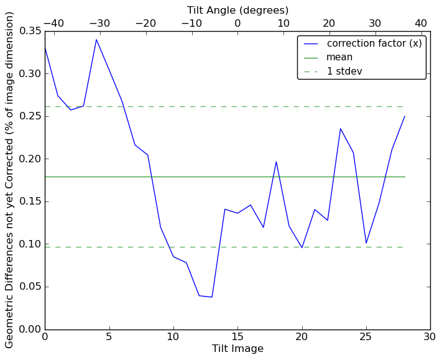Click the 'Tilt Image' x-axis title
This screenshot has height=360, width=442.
pos(237,349)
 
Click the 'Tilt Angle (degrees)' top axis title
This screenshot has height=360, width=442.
pos(237,11)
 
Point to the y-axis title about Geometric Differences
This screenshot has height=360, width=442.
pos(10,179)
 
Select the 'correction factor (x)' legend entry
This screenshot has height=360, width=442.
pos(374,43)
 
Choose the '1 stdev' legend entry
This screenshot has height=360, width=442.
pos(344,72)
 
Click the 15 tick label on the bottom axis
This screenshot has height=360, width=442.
pos(237,338)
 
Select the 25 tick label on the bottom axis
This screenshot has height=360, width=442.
pos(366,338)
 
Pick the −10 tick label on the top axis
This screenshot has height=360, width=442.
pos(191,24)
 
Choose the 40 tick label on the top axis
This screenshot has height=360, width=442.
pos(421,24)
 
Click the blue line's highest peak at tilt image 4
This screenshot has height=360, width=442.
pos(96,40)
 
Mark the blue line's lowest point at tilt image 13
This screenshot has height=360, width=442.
pos(212,297)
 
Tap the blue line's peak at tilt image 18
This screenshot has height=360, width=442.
pos(276,162)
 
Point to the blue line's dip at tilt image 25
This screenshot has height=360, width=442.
pos(366,243)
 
